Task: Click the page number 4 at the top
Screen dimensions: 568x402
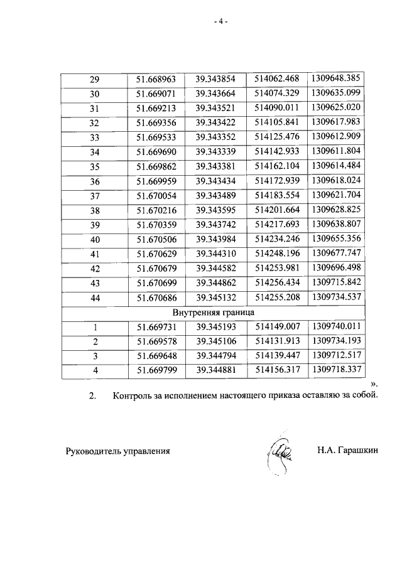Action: coord(219,21)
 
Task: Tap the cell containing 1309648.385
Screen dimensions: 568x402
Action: coord(336,79)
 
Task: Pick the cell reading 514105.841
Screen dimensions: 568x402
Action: coord(277,122)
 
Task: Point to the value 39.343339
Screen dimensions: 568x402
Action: coord(215,151)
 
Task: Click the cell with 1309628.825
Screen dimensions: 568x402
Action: coord(336,209)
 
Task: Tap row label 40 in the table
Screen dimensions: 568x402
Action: coord(95,238)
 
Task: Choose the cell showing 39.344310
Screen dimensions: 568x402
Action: coord(215,253)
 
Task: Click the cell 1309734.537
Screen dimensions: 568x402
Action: coord(336,296)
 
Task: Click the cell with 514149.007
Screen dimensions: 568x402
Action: coord(277,326)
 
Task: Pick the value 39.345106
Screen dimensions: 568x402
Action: coord(215,341)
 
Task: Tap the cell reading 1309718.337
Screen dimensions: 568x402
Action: coord(336,370)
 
